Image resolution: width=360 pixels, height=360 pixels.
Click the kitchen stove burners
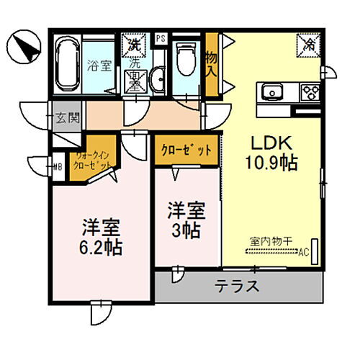coord(311,91)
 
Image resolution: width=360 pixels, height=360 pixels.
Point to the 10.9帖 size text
coord(270,163)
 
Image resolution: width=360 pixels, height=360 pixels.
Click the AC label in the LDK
coord(304,251)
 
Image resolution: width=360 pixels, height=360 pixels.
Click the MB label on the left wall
coord(57,168)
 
